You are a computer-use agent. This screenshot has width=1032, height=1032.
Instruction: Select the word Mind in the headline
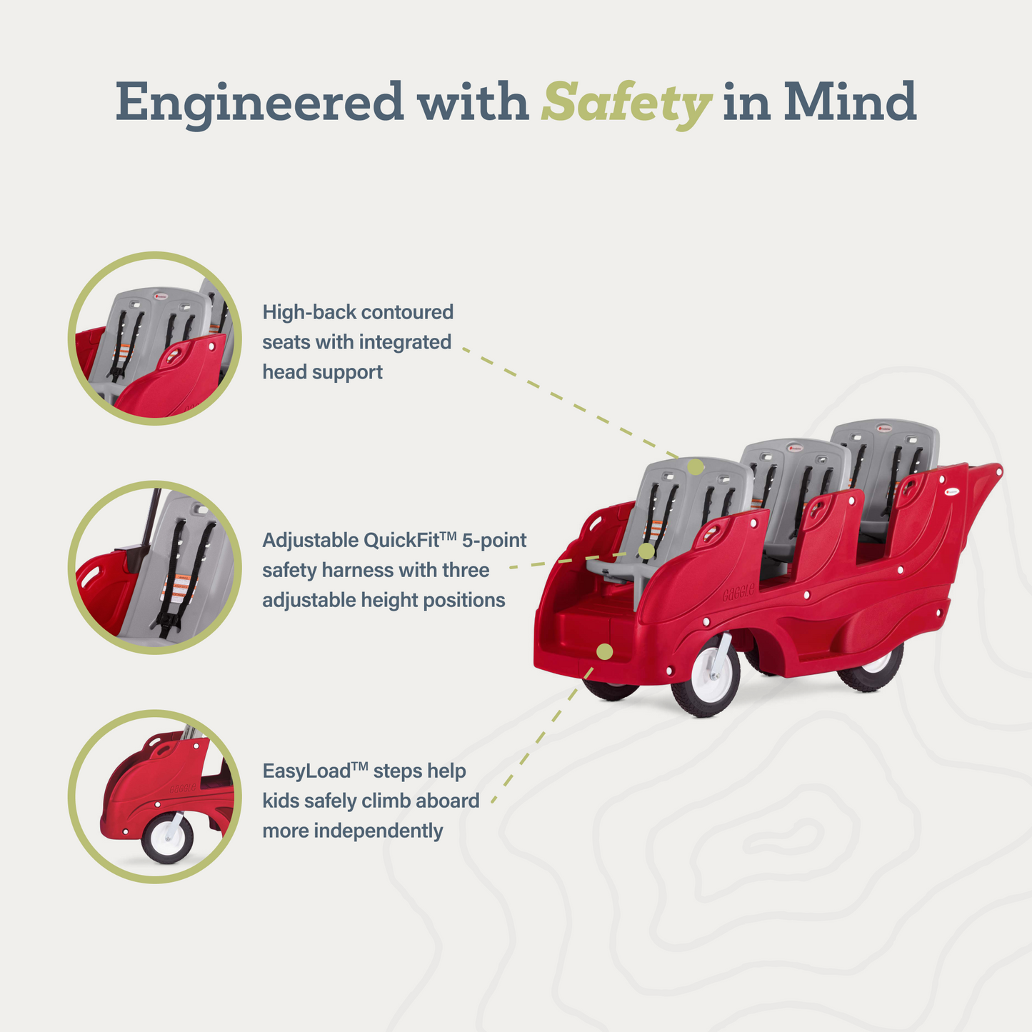click(850, 101)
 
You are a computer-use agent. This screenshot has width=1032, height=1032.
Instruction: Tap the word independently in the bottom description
click(378, 831)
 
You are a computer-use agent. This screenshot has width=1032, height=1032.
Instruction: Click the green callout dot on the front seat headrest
click(696, 466)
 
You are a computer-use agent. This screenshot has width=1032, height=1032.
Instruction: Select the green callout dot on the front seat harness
click(647, 551)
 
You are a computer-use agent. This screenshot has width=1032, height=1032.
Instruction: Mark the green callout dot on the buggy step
click(605, 652)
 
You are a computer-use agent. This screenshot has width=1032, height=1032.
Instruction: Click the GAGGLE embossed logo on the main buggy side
click(738, 592)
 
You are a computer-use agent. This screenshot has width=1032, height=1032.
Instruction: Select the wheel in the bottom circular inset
click(167, 838)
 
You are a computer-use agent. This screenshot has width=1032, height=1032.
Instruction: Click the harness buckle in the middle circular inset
click(167, 622)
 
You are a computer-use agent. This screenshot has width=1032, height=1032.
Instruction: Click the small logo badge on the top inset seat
click(161, 295)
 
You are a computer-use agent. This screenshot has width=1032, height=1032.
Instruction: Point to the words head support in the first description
click(322, 372)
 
